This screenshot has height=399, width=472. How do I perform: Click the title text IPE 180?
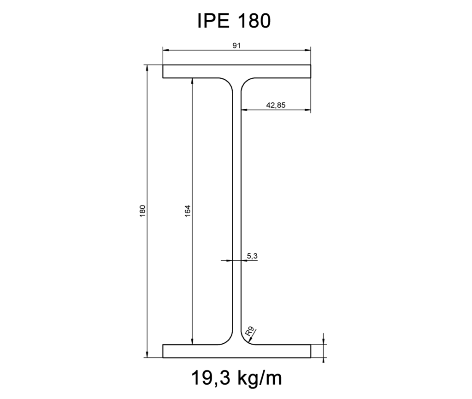pos(233,21)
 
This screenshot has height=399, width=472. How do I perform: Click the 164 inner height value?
pos(187,210)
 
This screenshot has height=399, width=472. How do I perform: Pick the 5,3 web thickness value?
pos(252,255)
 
